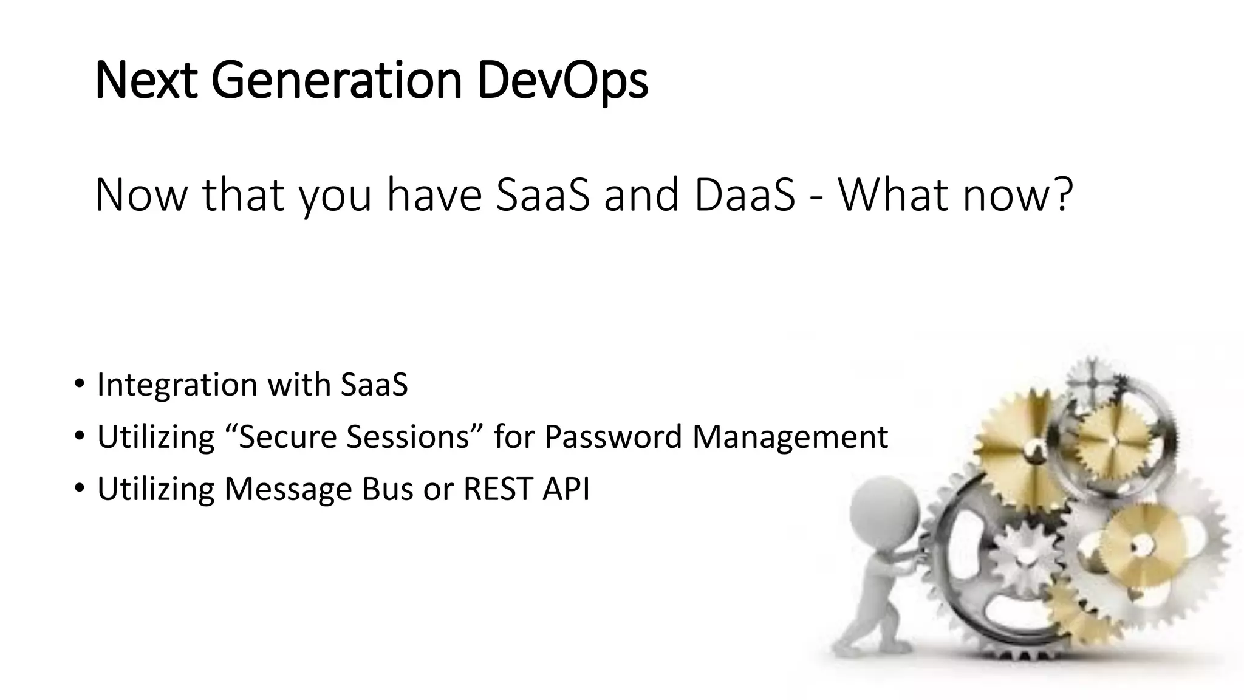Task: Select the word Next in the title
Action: click(x=146, y=81)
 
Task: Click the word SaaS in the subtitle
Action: click(x=542, y=194)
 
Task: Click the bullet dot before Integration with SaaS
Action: click(x=79, y=384)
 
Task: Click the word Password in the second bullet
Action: click(x=613, y=437)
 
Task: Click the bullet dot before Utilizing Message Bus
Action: click(x=79, y=489)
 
